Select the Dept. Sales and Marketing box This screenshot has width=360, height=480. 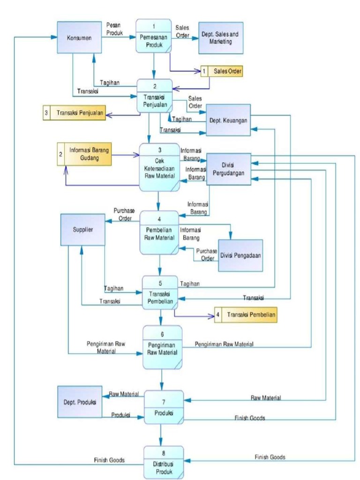tap(221, 38)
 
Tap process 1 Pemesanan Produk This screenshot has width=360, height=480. tap(153, 36)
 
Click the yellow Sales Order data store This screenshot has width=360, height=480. tap(222, 71)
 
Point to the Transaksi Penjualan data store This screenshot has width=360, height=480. tap(73, 112)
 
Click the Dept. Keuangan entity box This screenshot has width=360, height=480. tap(229, 120)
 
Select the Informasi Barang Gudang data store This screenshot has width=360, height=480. tap(84, 154)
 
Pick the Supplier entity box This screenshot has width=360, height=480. tap(82, 230)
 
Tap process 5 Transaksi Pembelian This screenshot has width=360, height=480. tap(160, 292)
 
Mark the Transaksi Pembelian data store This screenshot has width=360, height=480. tap(245, 315)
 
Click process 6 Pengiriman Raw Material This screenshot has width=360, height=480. tap(162, 346)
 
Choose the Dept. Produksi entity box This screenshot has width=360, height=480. tap(80, 402)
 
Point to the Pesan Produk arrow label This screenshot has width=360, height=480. tap(114, 30)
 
